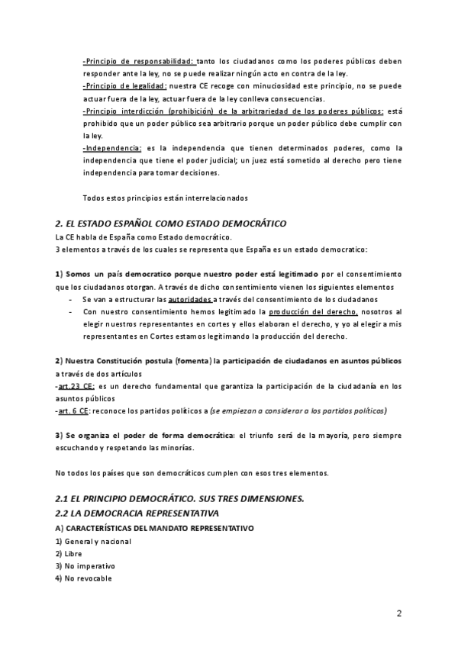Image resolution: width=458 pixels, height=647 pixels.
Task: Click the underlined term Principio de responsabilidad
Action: tap(138, 61)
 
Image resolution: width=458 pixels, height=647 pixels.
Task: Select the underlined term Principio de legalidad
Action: tap(124, 86)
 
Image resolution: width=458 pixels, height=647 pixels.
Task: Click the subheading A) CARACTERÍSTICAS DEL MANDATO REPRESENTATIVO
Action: tap(155, 528)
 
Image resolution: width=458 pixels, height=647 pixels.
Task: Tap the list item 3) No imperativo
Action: tap(85, 566)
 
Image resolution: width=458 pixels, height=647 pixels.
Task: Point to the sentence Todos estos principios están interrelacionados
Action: tap(165, 198)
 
